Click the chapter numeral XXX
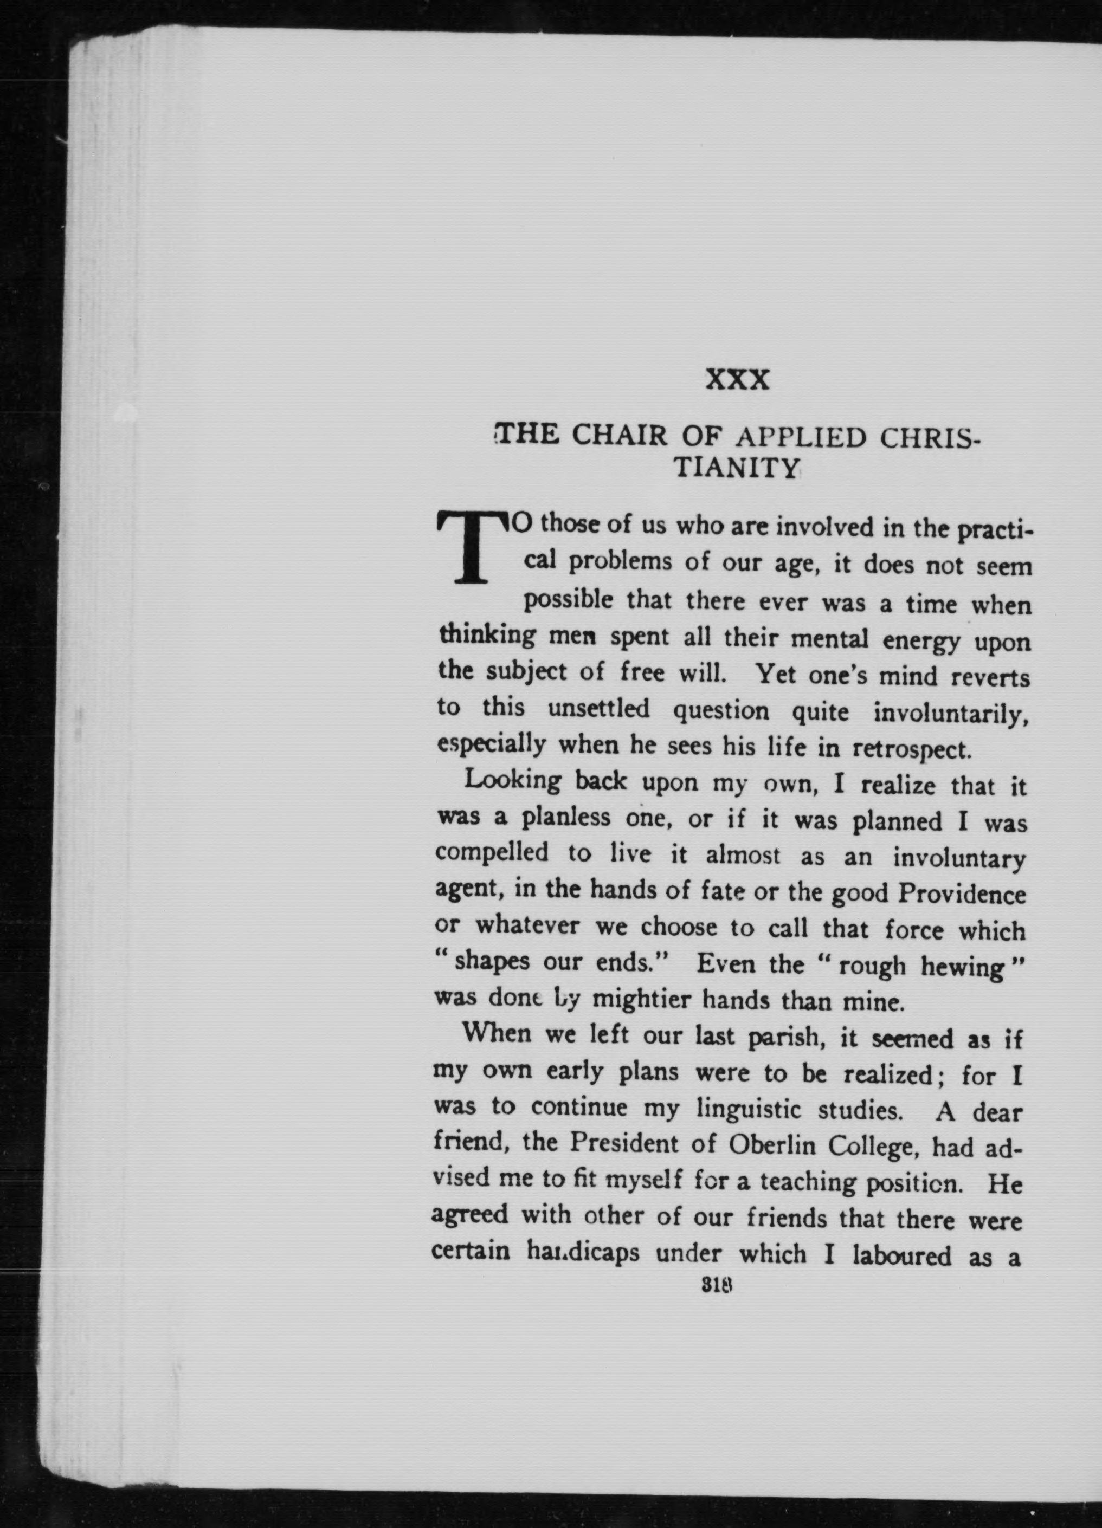coord(737,381)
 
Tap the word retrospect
coord(912,748)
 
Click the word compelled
coord(491,855)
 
